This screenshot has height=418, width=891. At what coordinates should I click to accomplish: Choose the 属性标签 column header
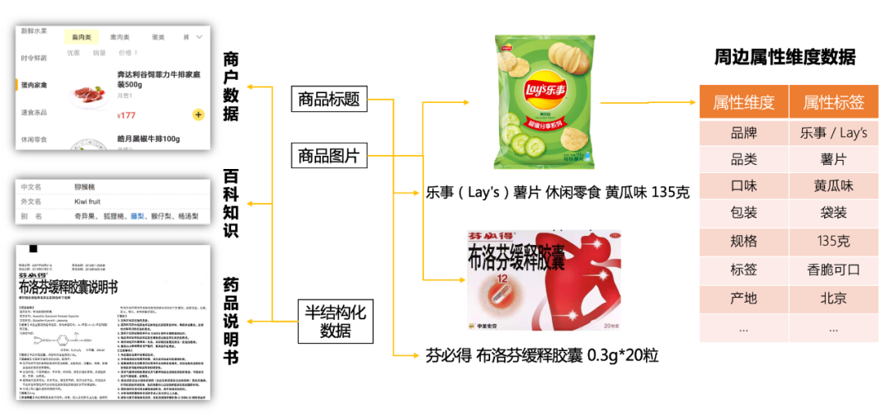[x=833, y=102]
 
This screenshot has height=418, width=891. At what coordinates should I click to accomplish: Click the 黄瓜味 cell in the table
[x=833, y=186]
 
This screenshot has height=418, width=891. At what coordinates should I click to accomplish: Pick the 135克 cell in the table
[x=833, y=241]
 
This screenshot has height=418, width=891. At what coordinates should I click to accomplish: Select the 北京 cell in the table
[x=833, y=298]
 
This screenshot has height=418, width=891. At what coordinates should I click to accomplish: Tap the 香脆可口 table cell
[x=833, y=270]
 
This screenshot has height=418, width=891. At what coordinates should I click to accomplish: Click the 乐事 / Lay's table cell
[x=833, y=132]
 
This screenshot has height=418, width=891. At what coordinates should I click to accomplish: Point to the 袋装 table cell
[x=833, y=213]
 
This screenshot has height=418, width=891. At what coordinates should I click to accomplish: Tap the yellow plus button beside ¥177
[x=198, y=115]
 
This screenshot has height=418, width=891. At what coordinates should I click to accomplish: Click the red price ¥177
[x=126, y=115]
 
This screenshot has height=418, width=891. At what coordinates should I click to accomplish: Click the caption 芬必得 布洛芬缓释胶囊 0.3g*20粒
[x=542, y=355]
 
